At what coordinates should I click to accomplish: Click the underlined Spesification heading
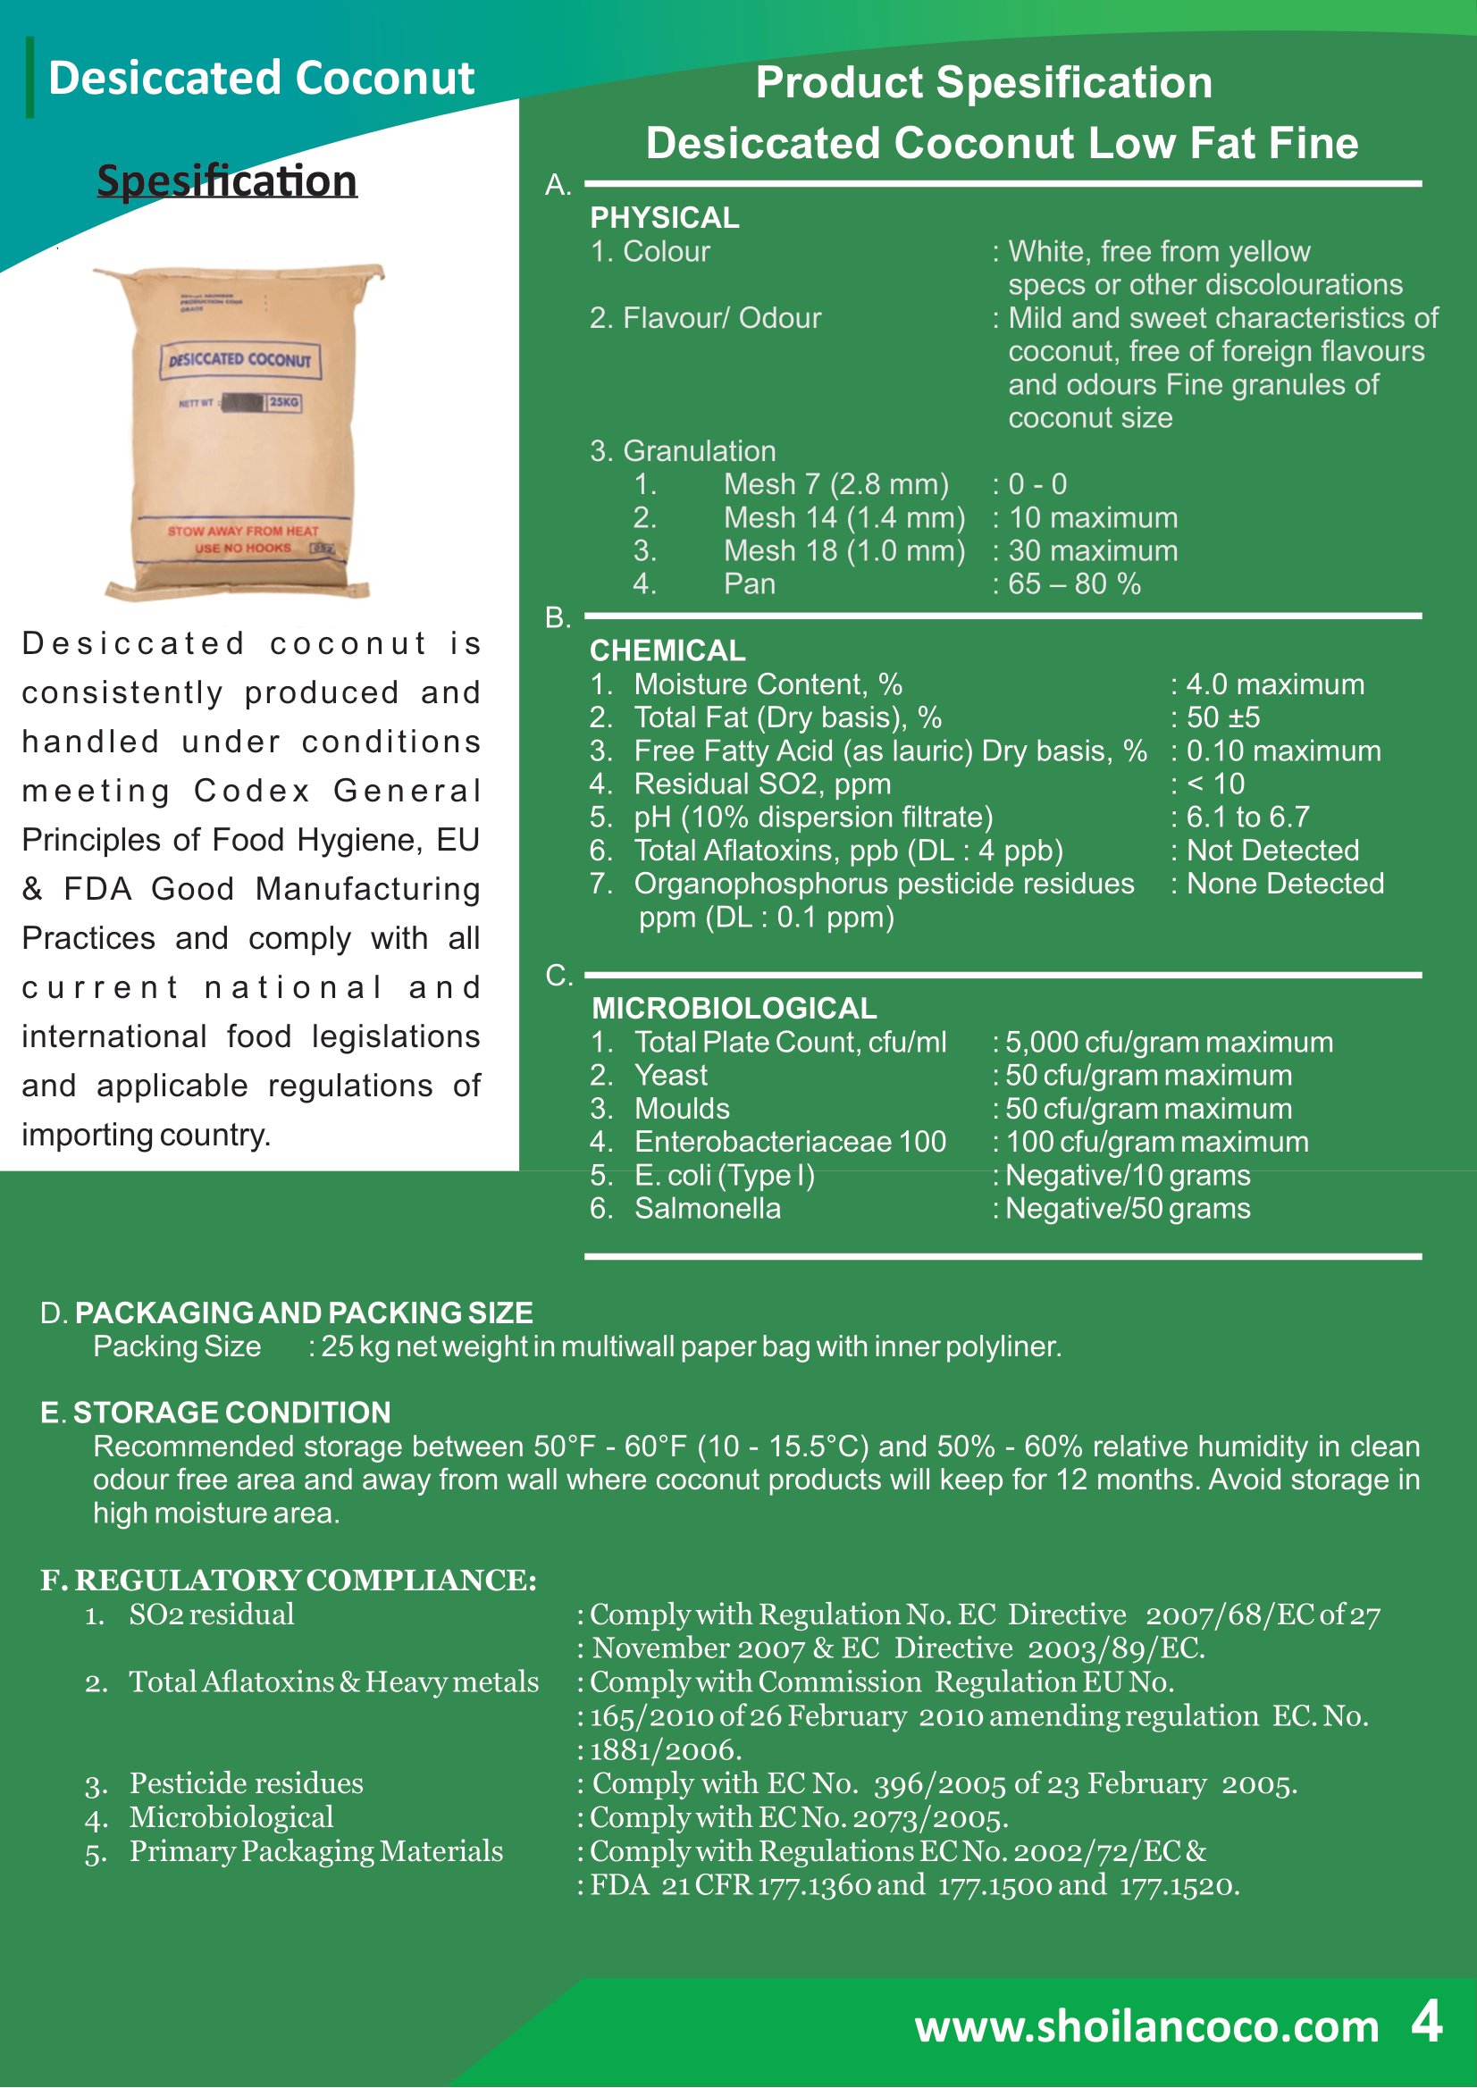point(226,180)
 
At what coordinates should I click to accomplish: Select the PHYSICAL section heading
point(664,217)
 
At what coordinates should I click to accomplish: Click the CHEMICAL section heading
point(667,650)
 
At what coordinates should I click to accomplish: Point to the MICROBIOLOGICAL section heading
point(733,1008)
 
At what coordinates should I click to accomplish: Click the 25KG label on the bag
point(284,402)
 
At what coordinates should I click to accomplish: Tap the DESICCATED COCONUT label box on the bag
point(240,360)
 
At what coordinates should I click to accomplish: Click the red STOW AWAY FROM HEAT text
point(243,531)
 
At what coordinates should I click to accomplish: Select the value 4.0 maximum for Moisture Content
point(1275,683)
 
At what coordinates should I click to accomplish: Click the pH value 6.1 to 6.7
point(1246,817)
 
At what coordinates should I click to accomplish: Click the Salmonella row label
point(707,1208)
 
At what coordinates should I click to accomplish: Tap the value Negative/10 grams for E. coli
point(1127,1175)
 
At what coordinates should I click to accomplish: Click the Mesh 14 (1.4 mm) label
point(844,517)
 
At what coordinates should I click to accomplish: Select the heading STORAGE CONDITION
point(231,1413)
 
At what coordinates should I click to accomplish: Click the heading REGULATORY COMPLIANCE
point(305,1580)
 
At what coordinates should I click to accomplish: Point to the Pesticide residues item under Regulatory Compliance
point(246,1782)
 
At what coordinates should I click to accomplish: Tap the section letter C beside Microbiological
point(558,976)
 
